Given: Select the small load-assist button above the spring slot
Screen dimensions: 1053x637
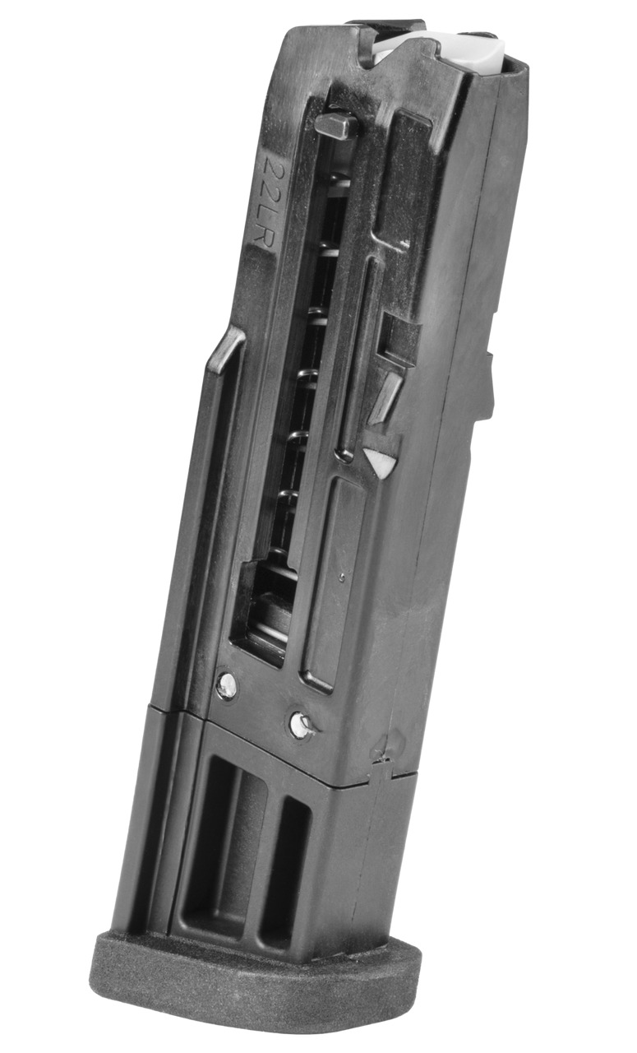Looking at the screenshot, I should [x=335, y=126].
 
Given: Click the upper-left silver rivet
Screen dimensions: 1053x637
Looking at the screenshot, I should [x=226, y=684].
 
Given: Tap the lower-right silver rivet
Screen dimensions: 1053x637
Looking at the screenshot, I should [x=302, y=724].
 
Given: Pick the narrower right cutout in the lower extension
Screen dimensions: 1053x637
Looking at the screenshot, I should [x=284, y=872].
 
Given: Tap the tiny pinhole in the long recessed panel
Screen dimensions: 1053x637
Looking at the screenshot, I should [x=342, y=579].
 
